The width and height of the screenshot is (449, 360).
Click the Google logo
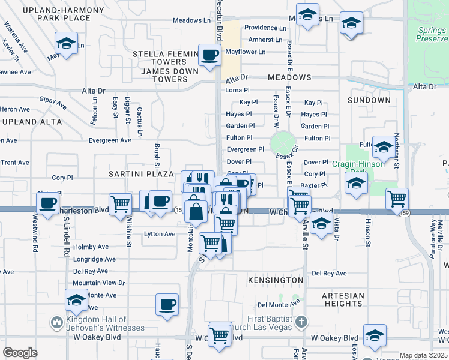(20, 353)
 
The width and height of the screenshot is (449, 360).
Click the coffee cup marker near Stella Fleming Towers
(209, 56)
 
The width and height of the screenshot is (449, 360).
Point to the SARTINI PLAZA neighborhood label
(133, 173)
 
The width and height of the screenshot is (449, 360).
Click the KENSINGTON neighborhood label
(275, 280)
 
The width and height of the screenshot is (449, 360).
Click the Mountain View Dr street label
(99, 283)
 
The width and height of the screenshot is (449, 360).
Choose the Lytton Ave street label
(160, 234)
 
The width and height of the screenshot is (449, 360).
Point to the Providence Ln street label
(265, 28)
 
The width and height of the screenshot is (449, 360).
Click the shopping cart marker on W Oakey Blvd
(220, 334)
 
